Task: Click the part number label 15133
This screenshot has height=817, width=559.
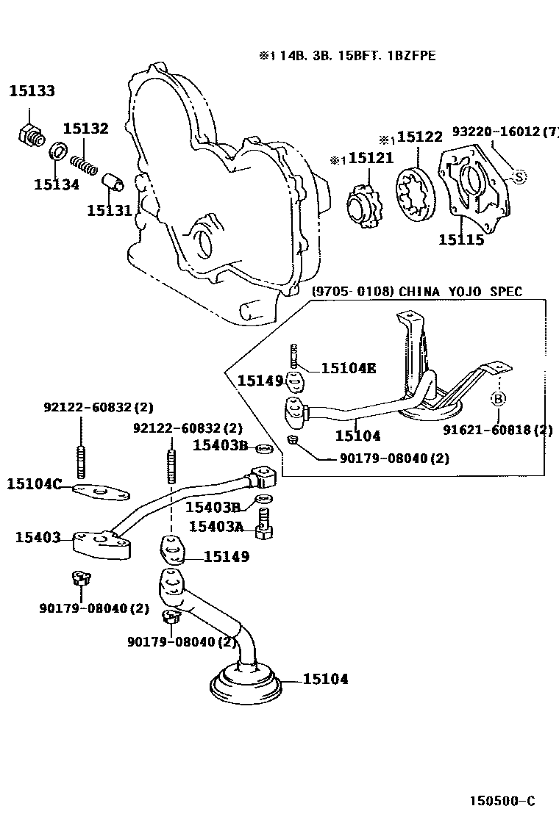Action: (32, 91)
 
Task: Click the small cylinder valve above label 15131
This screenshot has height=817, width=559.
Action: (113, 181)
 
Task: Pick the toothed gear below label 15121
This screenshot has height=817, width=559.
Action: (365, 203)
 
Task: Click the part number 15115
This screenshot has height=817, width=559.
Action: (461, 240)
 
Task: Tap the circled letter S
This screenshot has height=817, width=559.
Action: (519, 176)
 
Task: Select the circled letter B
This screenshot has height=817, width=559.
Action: (498, 399)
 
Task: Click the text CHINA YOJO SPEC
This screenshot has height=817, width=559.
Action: (460, 292)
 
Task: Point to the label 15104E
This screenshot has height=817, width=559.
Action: (348, 368)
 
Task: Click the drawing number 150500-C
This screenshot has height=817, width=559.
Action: (503, 801)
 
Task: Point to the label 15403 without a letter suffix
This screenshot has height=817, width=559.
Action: (38, 538)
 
